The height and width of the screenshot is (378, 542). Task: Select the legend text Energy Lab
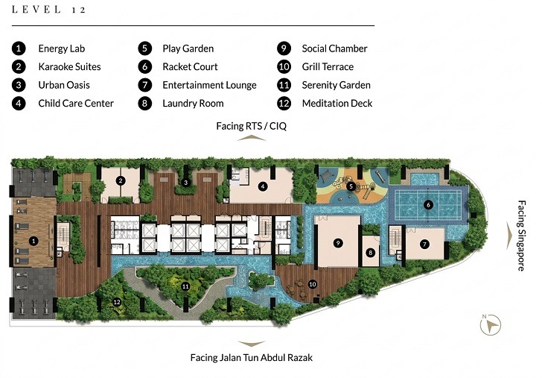click(x=61, y=48)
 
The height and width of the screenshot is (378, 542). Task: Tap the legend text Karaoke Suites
click(x=69, y=66)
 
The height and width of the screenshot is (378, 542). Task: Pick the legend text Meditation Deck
click(x=337, y=103)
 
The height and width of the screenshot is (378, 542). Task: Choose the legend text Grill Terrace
click(x=328, y=66)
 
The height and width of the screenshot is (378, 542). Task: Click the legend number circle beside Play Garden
click(x=144, y=48)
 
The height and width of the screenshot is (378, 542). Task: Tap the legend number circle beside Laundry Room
click(x=144, y=103)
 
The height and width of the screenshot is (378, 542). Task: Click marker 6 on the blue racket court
click(x=428, y=204)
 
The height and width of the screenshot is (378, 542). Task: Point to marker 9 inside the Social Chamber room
click(x=337, y=243)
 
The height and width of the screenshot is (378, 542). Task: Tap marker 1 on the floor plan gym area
click(x=33, y=241)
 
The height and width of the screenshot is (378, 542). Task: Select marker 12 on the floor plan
click(x=116, y=301)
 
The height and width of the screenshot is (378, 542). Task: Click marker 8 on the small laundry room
click(x=370, y=253)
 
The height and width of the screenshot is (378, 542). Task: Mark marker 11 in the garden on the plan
click(x=186, y=286)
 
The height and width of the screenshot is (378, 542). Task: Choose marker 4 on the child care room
click(x=262, y=186)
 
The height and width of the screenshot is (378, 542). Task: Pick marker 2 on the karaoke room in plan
click(x=120, y=180)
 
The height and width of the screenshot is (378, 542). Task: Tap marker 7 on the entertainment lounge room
click(x=424, y=244)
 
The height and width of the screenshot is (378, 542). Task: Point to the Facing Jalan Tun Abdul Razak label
click(x=252, y=358)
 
